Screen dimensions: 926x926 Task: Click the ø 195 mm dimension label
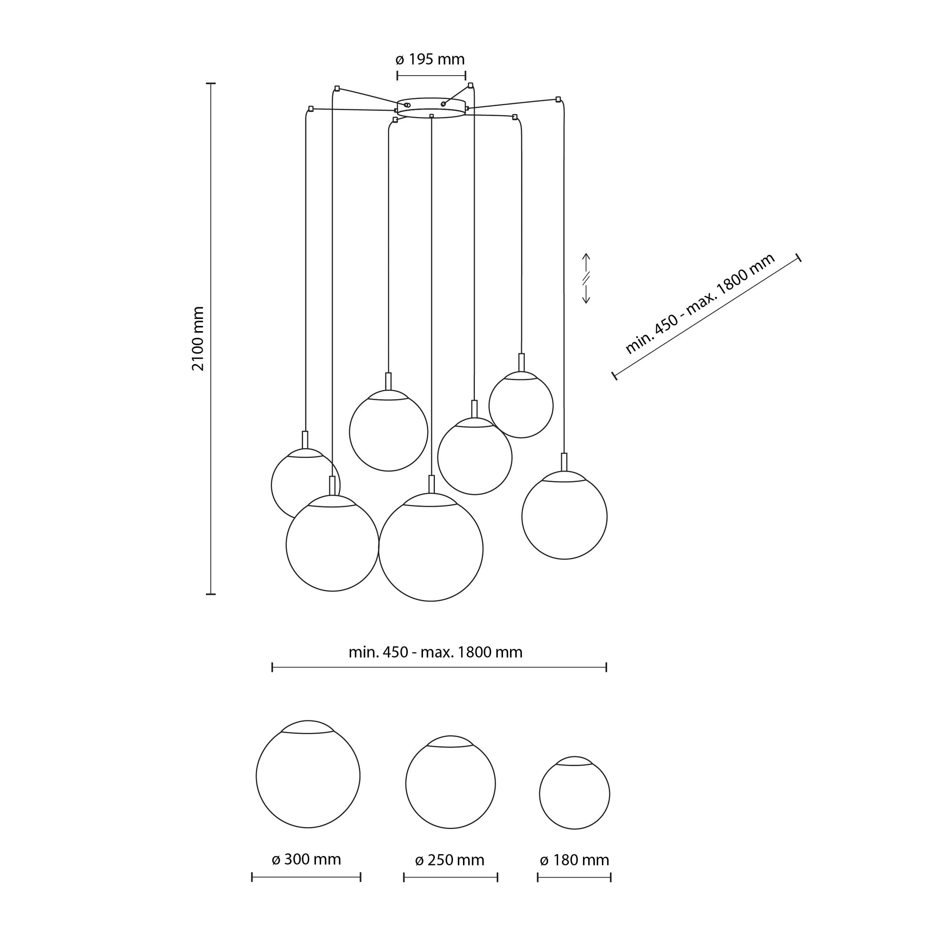tap(430, 59)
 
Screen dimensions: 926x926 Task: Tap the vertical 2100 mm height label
tap(198, 339)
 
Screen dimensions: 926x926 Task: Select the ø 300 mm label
tap(306, 859)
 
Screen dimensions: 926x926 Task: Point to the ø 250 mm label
tap(450, 860)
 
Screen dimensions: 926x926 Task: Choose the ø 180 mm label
tap(574, 860)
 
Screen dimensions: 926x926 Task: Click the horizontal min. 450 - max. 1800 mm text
tap(435, 652)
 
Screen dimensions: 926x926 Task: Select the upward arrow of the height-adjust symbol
tap(586, 263)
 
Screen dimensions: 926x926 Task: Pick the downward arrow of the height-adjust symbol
tap(586, 293)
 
